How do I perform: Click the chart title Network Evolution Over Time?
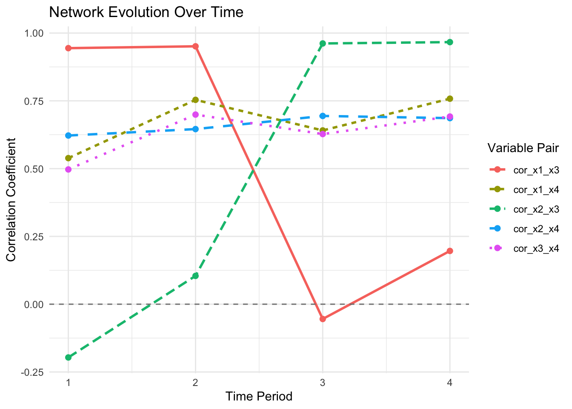pyautogui.click(x=146, y=12)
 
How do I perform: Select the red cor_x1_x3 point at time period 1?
pyautogui.click(x=68, y=48)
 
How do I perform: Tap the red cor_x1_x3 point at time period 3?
pyautogui.click(x=323, y=319)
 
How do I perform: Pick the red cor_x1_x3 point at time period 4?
pyautogui.click(x=450, y=251)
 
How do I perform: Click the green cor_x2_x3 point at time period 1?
pyautogui.click(x=68, y=357)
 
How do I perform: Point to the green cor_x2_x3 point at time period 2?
pyautogui.click(x=195, y=276)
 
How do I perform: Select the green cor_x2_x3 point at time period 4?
pyautogui.click(x=450, y=42)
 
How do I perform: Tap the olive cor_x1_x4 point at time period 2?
pyautogui.click(x=195, y=100)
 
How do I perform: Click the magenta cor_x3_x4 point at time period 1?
pyautogui.click(x=68, y=169)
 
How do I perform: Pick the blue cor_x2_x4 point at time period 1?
pyautogui.click(x=68, y=135)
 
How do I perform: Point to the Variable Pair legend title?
pyautogui.click(x=523, y=148)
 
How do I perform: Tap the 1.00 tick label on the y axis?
pyautogui.click(x=34, y=33)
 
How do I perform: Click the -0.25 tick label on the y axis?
pyautogui.click(x=34, y=372)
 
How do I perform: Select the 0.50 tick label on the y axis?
pyautogui.click(x=34, y=169)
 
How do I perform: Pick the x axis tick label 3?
pyautogui.click(x=323, y=383)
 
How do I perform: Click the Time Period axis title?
pyautogui.click(x=259, y=397)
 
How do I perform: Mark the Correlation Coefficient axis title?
pyautogui.click(x=11, y=199)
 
